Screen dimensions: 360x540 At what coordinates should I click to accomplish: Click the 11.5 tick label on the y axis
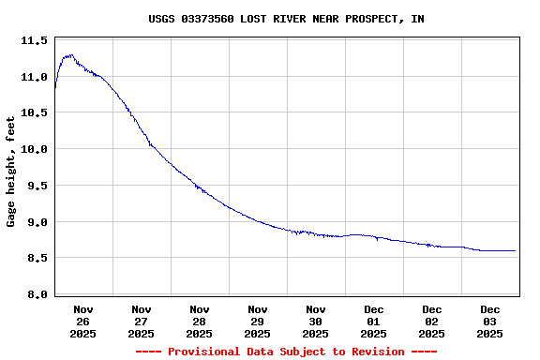(34, 41)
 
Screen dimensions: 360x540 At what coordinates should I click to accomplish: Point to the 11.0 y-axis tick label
(34, 77)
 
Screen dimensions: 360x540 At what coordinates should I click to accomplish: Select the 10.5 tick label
(34, 113)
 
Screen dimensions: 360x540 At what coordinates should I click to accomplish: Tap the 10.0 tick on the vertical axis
(34, 149)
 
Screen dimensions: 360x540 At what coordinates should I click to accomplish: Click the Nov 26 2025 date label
(83, 321)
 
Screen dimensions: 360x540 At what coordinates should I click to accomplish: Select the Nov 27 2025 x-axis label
(142, 321)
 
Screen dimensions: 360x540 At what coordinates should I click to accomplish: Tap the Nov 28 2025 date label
(200, 321)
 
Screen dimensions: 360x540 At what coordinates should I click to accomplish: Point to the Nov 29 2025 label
(258, 321)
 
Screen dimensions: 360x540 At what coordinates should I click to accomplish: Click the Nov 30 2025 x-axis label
(316, 321)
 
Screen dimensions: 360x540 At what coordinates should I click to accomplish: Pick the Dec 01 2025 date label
(374, 321)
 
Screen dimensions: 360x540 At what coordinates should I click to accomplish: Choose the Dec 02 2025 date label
(432, 321)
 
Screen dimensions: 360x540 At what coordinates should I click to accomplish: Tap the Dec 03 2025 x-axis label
(490, 321)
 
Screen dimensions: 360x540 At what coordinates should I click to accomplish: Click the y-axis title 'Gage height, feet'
(11, 172)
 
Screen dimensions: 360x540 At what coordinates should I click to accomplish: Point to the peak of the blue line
(69, 55)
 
